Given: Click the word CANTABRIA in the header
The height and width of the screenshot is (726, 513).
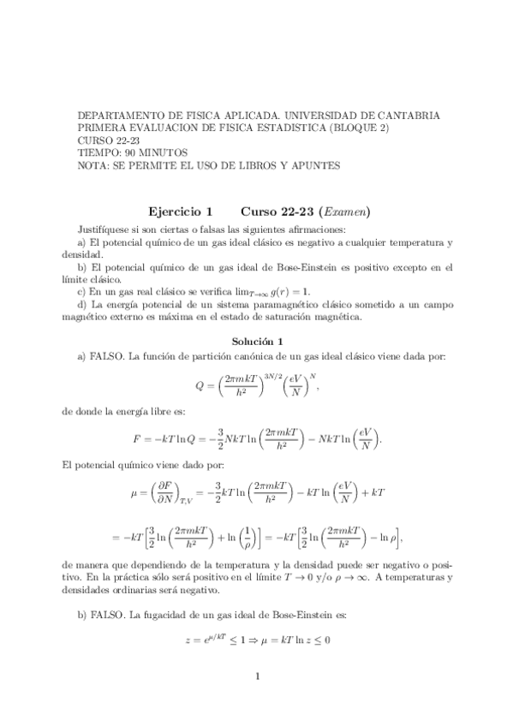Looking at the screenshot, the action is point(407,114).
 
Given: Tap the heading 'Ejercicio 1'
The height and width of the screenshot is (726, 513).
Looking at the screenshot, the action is point(180,211).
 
